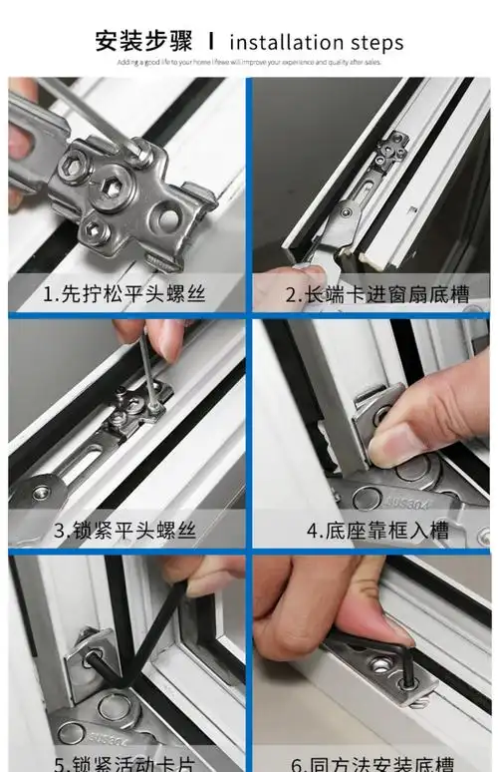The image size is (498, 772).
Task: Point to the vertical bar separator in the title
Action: click(211, 41)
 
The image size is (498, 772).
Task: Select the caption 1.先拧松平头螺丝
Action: click(124, 295)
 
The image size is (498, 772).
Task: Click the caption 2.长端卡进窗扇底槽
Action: click(370, 295)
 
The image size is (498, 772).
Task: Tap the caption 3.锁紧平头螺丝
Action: click(124, 530)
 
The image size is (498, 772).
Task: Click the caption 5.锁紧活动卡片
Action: click(124, 763)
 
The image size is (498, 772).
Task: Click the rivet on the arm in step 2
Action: click(344, 209)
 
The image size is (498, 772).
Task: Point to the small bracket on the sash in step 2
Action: click(390, 154)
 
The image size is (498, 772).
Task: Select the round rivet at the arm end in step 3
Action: click(41, 491)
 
